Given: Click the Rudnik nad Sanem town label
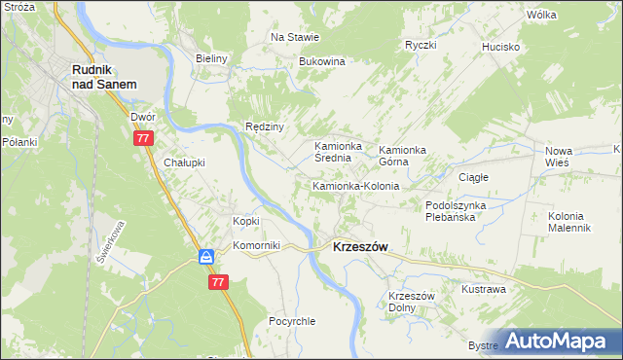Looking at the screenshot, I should (x=102, y=77).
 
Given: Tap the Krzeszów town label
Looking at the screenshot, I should (x=360, y=247).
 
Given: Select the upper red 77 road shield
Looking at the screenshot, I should (x=143, y=139).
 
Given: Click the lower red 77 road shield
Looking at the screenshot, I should (x=217, y=281).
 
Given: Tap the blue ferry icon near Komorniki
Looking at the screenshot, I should (x=206, y=257).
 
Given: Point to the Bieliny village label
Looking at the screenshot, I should (x=211, y=58).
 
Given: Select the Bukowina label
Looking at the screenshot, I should (x=322, y=61).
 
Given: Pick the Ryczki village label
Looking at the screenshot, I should (x=421, y=45).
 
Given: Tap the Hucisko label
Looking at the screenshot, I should (x=501, y=47).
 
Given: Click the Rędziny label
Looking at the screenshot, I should (x=264, y=126).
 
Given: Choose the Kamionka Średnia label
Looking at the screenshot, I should (x=338, y=154).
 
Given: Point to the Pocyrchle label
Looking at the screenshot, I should (x=292, y=321).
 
